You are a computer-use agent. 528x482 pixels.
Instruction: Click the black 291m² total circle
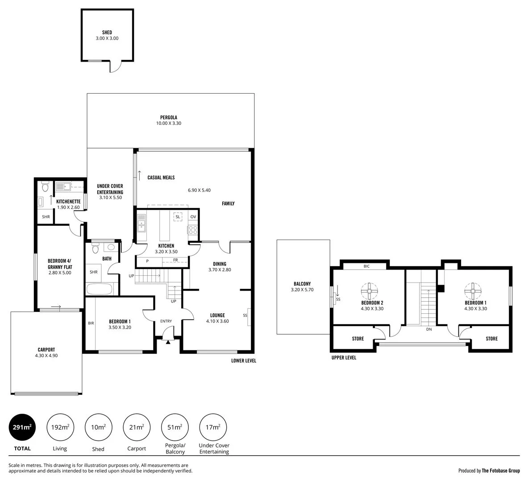22,427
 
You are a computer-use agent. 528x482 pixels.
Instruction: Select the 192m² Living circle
60,427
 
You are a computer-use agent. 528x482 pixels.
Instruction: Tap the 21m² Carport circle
137,427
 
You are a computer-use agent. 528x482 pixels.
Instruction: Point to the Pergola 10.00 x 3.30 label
169,120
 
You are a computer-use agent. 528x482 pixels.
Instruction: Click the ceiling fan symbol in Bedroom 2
370,291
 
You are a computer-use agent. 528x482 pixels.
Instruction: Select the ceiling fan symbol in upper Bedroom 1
472,291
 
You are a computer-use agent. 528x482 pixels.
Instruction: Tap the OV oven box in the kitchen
193,217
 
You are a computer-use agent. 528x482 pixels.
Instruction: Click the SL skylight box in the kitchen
178,217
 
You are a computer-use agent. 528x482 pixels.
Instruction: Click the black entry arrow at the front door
168,342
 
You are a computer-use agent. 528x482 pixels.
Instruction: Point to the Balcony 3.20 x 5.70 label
302,287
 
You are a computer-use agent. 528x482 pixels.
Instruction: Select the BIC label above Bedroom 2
366,266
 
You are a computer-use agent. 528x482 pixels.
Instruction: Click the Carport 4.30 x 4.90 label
46,353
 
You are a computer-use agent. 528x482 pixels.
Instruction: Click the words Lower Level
244,361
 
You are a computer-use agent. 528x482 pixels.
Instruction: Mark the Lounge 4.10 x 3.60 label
217,318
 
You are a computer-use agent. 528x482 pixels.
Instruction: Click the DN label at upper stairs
429,329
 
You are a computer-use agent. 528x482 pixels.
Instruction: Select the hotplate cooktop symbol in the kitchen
193,230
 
